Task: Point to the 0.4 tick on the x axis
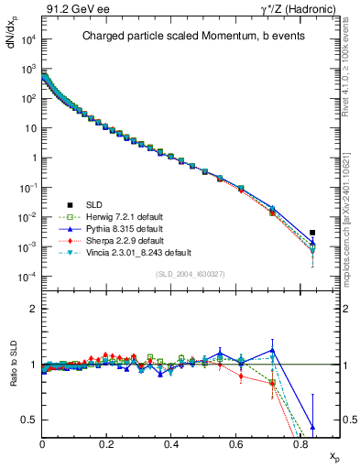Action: pos(171,443)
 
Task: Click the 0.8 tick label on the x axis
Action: pos(300,443)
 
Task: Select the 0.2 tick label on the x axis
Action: pos(107,443)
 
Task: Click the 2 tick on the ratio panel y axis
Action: pos(35,309)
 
